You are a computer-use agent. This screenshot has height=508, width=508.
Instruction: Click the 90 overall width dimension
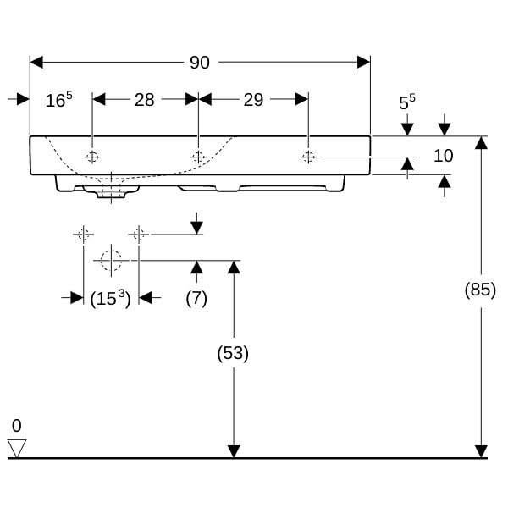(200, 62)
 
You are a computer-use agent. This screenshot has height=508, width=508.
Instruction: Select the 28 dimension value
(145, 100)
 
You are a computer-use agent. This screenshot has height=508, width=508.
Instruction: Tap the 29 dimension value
(253, 100)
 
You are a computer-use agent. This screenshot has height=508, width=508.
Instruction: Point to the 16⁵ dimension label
(59, 99)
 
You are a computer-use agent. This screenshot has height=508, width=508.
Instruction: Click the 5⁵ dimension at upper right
(407, 102)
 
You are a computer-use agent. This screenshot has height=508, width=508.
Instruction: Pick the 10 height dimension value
(443, 156)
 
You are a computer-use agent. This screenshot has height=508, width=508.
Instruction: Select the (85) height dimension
(480, 290)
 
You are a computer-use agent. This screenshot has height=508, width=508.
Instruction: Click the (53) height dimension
(233, 353)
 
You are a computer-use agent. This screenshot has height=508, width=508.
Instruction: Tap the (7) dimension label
(196, 298)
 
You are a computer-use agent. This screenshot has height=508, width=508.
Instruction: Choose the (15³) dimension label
(110, 298)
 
